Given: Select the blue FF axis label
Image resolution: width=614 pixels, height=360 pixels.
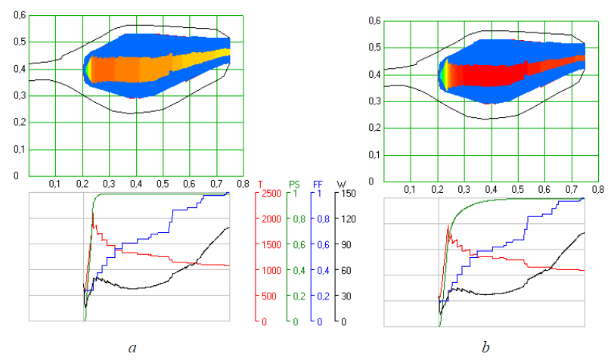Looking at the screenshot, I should (319, 183).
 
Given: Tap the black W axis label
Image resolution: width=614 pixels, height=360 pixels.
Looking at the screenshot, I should (343, 183).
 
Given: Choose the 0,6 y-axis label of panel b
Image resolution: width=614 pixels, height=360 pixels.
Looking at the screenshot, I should (374, 21).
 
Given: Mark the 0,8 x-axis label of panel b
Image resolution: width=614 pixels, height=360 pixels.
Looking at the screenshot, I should (597, 188).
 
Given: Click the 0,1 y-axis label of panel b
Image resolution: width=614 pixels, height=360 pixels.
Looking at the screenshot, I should (374, 155).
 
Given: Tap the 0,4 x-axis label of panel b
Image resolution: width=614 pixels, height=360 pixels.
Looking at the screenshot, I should (491, 188).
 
